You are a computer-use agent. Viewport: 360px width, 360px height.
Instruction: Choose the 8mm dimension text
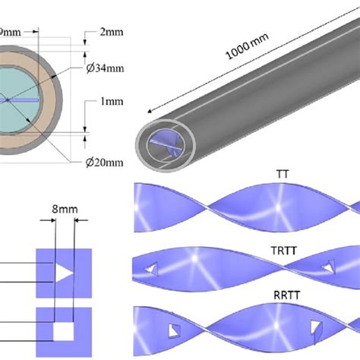[65, 206]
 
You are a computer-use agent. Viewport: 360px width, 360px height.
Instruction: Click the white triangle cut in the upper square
[63, 270]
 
